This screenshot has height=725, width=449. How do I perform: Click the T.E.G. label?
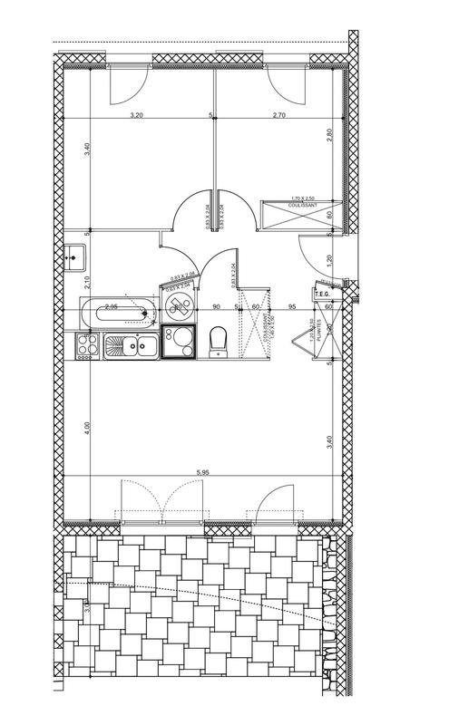[320, 294]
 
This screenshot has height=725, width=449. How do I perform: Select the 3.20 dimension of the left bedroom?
[137, 115]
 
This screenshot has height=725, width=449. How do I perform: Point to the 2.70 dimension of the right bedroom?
[279, 115]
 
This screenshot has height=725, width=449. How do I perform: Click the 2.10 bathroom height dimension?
[87, 281]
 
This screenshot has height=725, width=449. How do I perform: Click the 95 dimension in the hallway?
[292, 307]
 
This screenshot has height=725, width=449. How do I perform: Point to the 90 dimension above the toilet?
[217, 307]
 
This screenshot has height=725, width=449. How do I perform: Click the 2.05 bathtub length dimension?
[112, 307]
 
